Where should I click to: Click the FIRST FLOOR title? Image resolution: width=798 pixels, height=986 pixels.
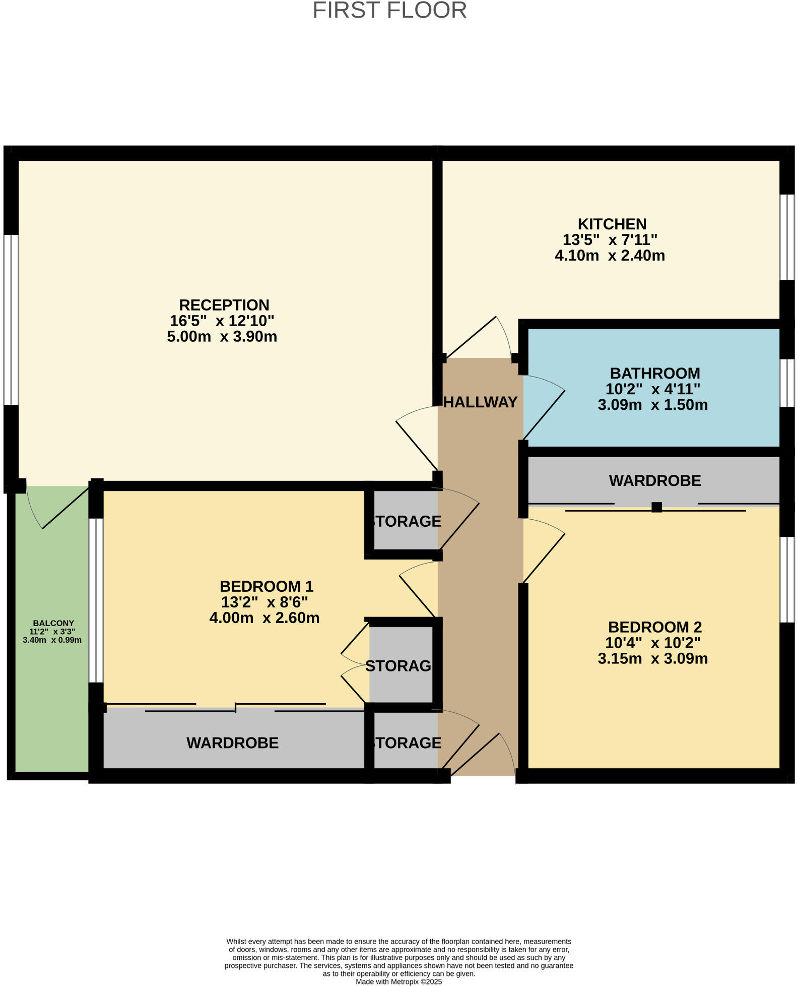tap(389, 11)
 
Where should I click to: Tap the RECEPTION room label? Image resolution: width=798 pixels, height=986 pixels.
tap(224, 305)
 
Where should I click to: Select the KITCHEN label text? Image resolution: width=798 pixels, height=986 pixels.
tap(612, 224)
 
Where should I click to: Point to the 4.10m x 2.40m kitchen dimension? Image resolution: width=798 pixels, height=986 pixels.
tap(610, 256)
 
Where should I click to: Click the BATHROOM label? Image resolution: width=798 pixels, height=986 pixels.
tap(654, 374)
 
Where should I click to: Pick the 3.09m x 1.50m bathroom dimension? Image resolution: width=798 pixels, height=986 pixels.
tap(652, 405)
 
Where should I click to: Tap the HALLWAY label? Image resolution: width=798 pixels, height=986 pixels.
tap(481, 402)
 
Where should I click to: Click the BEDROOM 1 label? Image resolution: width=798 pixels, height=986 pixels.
tap(267, 586)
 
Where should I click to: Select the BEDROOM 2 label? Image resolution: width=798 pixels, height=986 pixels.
tap(654, 627)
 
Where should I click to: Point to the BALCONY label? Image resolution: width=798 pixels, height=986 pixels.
tap(53, 623)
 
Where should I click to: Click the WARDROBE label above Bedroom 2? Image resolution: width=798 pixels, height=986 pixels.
tap(654, 481)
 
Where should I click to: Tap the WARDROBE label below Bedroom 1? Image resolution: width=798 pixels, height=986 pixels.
tap(232, 743)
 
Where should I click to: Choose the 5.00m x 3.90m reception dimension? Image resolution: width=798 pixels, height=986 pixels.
tap(222, 337)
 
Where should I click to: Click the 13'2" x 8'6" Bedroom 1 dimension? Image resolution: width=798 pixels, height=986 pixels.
tap(264, 602)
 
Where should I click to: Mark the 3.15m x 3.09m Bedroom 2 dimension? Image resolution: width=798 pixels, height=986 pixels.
tap(652, 659)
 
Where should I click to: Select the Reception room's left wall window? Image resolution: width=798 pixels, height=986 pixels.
tap(11, 320)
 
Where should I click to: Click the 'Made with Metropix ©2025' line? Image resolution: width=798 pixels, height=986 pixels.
tap(398, 981)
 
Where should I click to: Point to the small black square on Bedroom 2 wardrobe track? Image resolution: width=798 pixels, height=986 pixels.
tap(656, 507)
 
